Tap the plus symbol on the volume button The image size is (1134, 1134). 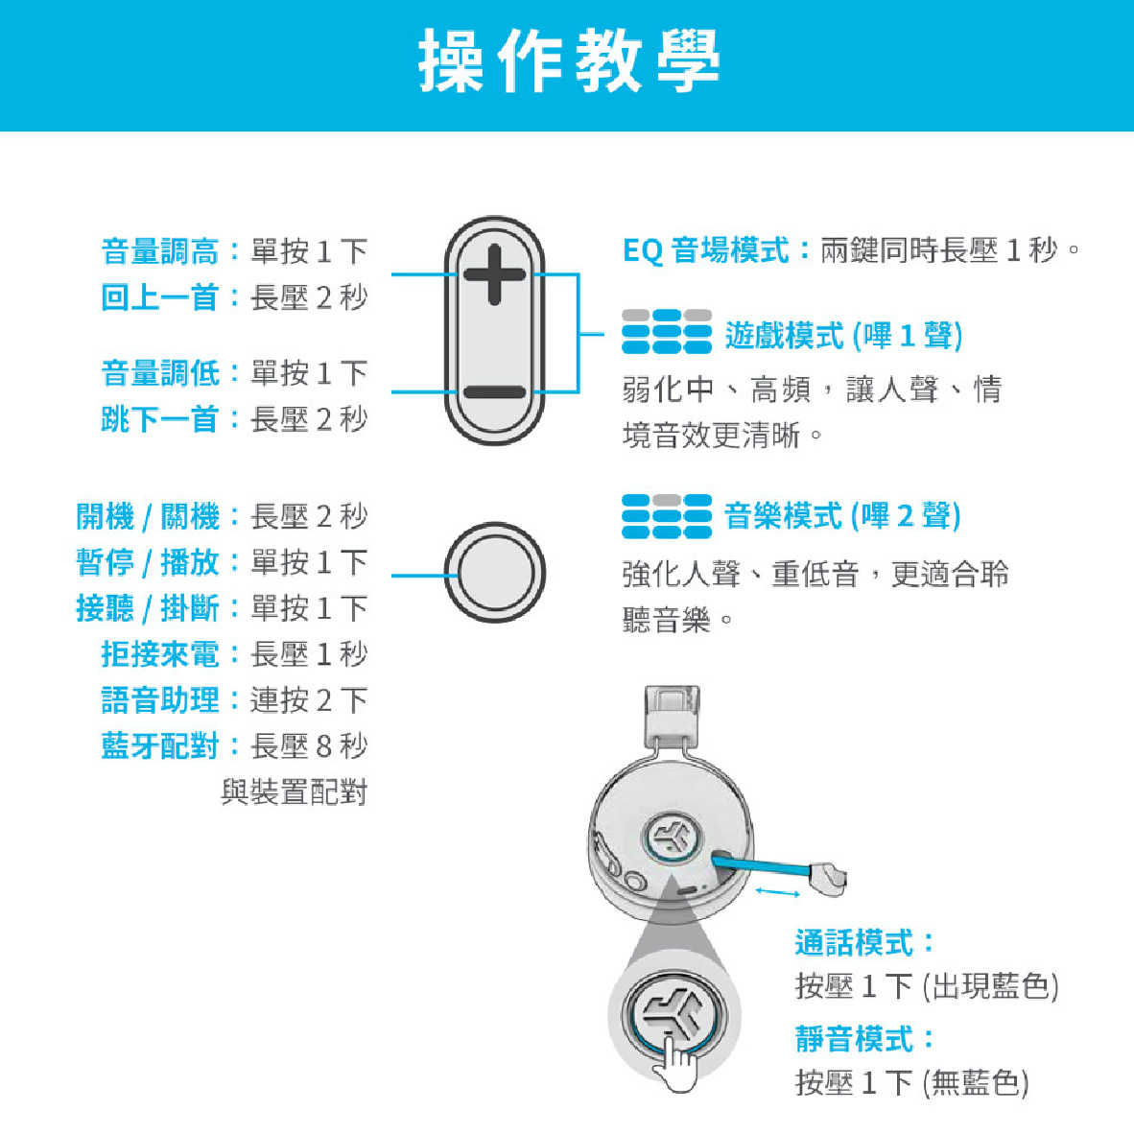click(x=495, y=274)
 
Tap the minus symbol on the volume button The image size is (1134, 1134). click(x=495, y=392)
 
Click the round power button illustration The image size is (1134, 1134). click(x=495, y=572)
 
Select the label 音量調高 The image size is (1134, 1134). click(x=160, y=251)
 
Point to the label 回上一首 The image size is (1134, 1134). click(x=160, y=297)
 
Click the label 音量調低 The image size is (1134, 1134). click(x=160, y=373)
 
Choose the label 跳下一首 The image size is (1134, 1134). click(x=160, y=419)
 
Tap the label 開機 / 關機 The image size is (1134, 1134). click(x=148, y=517)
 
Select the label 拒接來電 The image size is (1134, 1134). click(x=160, y=654)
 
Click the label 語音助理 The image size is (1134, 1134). click(x=160, y=700)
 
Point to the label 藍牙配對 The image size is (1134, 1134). click(x=160, y=746)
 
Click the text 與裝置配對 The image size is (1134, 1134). click(x=295, y=792)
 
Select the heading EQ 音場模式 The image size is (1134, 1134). click(x=706, y=250)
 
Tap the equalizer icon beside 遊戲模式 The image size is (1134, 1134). click(x=667, y=331)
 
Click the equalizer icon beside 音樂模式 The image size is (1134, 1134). click(x=667, y=516)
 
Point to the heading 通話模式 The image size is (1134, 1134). click(x=854, y=943)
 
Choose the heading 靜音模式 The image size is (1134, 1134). click(x=854, y=1039)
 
